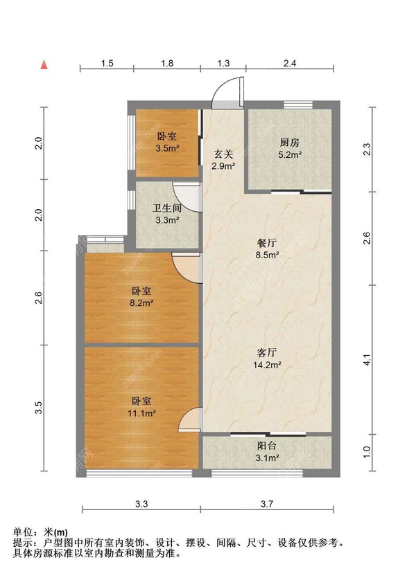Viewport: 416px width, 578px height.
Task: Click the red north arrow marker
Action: click(x=44, y=65)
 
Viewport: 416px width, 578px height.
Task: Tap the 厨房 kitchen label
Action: click(x=290, y=142)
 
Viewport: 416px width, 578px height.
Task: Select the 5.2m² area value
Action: click(x=290, y=155)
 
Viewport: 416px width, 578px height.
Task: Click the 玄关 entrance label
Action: click(x=223, y=153)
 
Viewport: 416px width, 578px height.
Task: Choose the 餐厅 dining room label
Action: click(x=267, y=243)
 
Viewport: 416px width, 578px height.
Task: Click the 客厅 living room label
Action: click(x=267, y=351)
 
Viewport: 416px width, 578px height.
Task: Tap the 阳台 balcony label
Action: click(x=267, y=446)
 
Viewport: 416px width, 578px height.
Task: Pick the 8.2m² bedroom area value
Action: click(x=141, y=302)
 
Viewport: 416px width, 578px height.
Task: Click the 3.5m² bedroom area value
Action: click(x=167, y=148)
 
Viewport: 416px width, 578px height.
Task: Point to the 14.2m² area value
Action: click(x=267, y=364)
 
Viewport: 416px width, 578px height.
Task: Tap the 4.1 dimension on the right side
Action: click(x=367, y=361)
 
